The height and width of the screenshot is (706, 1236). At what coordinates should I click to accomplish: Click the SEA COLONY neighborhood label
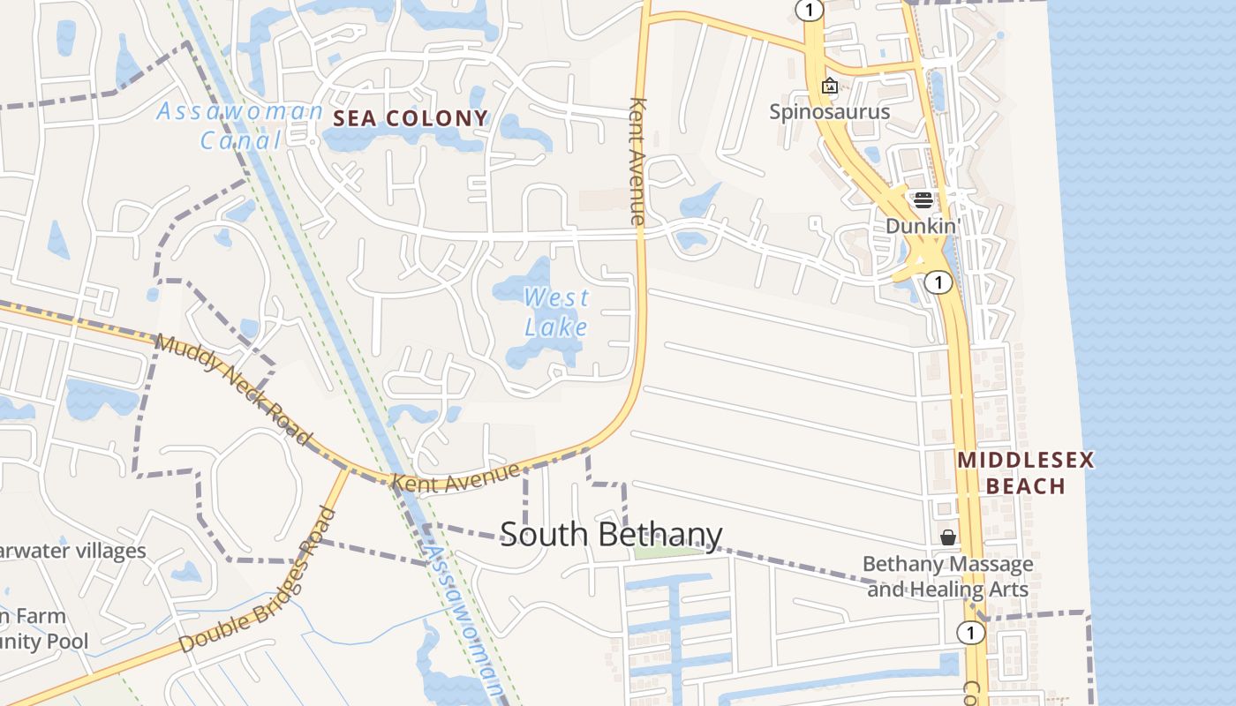click(410, 118)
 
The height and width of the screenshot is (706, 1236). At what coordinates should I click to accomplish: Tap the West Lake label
click(555, 312)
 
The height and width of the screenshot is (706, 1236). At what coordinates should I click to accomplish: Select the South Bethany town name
click(611, 535)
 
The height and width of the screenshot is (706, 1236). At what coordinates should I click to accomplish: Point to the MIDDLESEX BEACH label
click(1025, 473)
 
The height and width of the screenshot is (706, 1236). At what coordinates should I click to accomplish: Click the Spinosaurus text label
click(829, 112)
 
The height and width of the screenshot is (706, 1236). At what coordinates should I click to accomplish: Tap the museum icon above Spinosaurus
click(829, 86)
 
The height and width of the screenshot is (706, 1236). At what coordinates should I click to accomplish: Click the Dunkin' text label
click(923, 226)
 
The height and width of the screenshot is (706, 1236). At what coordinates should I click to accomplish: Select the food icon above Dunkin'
click(923, 199)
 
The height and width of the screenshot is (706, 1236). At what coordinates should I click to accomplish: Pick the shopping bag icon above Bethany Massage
click(948, 537)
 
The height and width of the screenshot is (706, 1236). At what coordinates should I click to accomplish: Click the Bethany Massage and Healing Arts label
click(947, 576)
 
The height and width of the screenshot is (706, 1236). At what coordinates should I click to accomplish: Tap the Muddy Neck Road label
click(234, 389)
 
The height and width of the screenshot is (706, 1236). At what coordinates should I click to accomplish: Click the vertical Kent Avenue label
click(637, 159)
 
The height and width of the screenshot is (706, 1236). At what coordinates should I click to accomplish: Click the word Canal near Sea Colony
click(240, 140)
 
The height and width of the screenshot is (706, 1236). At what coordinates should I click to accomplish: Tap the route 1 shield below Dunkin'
click(938, 282)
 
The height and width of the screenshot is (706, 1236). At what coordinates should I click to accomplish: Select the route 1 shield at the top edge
click(809, 10)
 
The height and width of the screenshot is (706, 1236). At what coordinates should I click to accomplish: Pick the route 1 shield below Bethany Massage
click(970, 633)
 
